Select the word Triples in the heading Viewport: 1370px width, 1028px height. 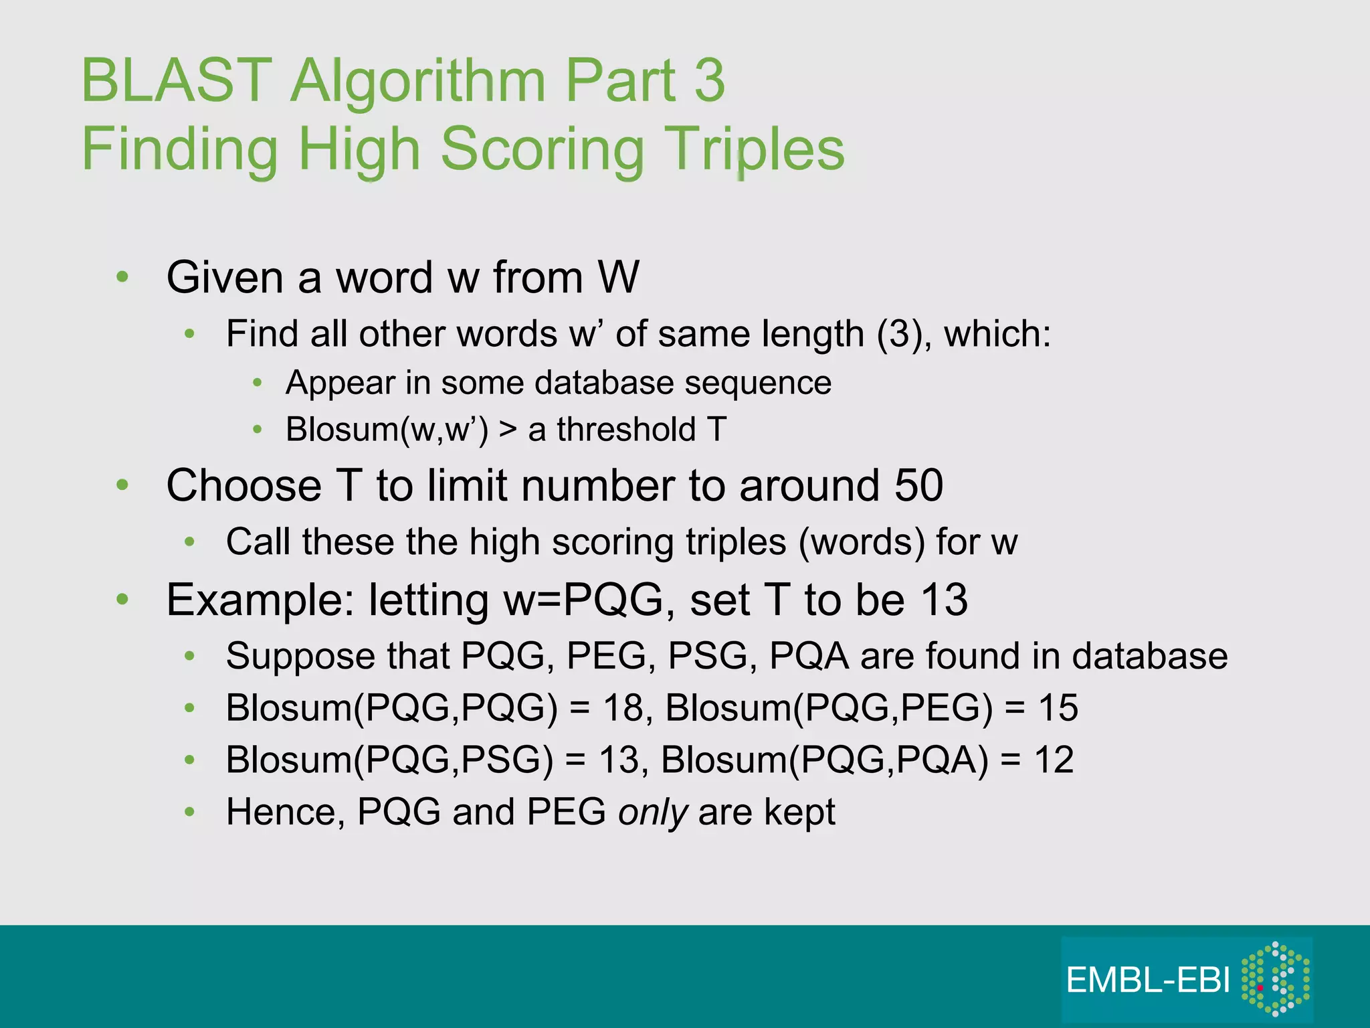(757, 149)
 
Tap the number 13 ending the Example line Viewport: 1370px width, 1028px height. (944, 600)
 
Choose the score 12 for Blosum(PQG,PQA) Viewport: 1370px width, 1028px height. (1054, 760)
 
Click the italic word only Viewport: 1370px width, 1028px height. (652, 812)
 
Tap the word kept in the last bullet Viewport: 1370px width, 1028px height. (799, 812)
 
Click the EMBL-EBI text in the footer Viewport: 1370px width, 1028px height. (1148, 980)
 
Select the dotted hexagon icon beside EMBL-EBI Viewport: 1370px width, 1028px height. (1275, 978)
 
